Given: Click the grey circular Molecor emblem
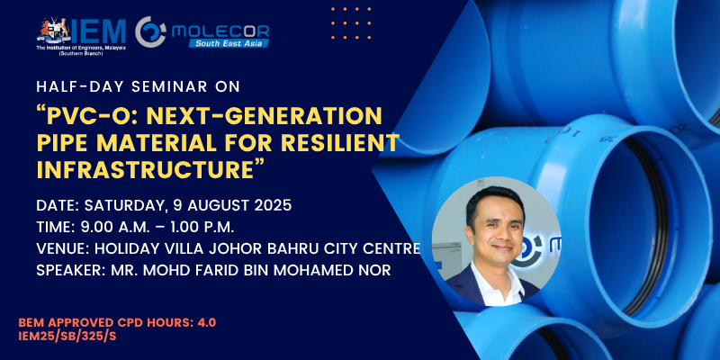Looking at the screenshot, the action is [150, 31].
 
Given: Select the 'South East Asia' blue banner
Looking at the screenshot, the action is [229, 43].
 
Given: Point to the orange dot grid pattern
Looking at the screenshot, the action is [351, 22].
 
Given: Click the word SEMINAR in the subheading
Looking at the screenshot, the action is [167, 87].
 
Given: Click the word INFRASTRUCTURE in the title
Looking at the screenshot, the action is [146, 169].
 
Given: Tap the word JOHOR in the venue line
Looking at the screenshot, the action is [217, 249].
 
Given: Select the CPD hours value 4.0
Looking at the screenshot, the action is [207, 323].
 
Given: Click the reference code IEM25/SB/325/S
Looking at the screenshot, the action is [67, 336].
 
